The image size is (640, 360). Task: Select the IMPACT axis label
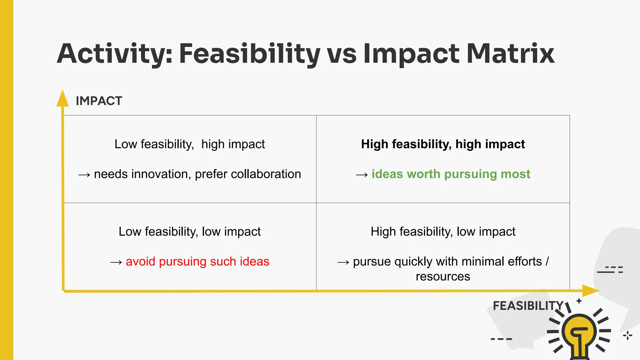tap(99, 101)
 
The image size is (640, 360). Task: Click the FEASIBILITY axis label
tap(528, 306)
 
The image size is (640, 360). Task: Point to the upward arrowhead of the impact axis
tap(62, 98)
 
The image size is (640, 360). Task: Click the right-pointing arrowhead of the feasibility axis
tap(590, 291)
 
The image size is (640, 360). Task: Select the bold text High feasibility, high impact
tap(443, 144)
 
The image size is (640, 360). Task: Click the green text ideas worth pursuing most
tap(451, 174)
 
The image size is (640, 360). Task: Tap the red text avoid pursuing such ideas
tap(197, 261)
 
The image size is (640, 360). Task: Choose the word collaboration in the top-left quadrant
tap(266, 174)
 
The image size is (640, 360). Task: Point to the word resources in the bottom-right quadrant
tap(443, 277)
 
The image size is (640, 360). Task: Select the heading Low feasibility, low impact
tap(189, 232)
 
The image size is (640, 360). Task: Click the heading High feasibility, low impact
tap(443, 232)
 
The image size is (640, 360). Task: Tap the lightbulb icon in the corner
tap(579, 334)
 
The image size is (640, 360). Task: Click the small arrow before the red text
tap(116, 262)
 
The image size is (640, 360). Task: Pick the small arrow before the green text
tap(362, 175)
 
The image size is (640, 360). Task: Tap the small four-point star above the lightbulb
tap(579, 301)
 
